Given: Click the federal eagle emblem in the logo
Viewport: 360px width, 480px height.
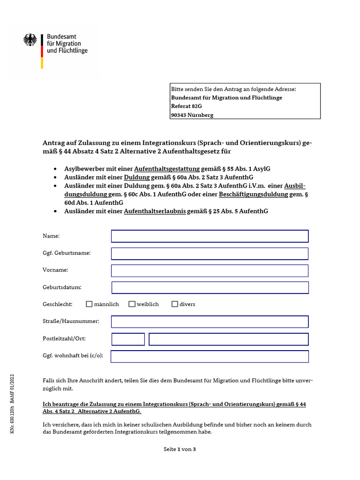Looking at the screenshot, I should click(x=30, y=40).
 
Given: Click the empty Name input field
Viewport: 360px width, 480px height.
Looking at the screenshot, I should click(x=210, y=236).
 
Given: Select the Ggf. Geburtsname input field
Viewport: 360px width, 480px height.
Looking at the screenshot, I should click(x=210, y=254).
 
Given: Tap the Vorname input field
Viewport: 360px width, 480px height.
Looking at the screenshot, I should click(x=210, y=270).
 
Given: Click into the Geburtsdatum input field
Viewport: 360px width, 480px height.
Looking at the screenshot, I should click(x=210, y=287).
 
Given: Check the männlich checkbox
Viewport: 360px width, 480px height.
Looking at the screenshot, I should click(x=89, y=304).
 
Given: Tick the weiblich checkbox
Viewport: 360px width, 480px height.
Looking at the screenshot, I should click(x=132, y=304).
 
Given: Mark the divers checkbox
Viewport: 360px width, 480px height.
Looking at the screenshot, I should click(x=175, y=304).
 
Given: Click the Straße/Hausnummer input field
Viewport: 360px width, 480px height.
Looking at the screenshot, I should click(x=210, y=322).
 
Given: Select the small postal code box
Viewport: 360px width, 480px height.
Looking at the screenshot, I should click(x=128, y=339).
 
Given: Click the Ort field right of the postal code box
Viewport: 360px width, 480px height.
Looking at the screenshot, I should click(x=229, y=339).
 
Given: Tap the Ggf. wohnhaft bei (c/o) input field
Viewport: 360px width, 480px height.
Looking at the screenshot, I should click(x=210, y=356).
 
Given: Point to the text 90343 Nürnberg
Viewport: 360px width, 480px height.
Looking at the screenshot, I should click(x=192, y=115).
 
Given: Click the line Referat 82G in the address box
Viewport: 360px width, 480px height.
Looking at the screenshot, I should click(x=187, y=106).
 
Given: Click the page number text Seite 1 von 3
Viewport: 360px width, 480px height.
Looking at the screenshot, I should click(x=180, y=449).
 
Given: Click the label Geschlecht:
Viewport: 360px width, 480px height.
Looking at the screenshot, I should click(x=58, y=304).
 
